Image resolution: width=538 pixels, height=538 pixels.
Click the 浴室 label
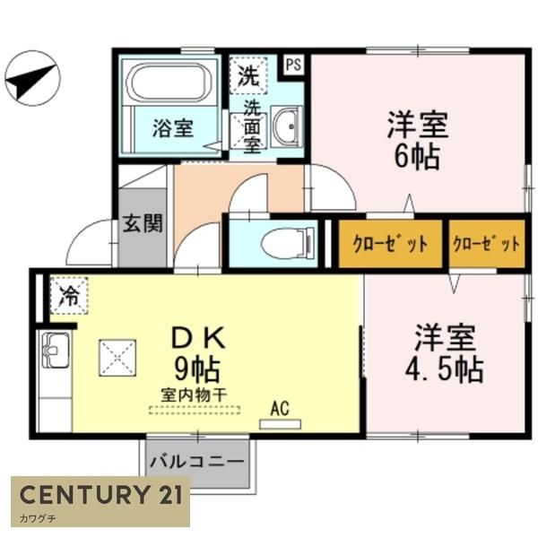click(171, 127)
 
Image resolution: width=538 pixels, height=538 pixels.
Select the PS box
click(293, 65)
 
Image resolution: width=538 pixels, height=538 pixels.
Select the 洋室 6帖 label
click(416, 139)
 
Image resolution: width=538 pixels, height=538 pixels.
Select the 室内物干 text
click(194, 395)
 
